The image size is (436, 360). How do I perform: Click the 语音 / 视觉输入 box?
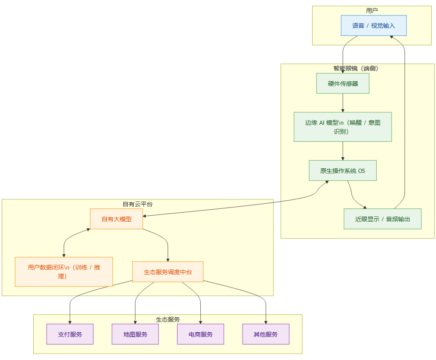click(x=374, y=26)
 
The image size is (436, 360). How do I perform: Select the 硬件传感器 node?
click(x=342, y=83)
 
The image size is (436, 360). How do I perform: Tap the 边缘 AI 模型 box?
click(x=342, y=127)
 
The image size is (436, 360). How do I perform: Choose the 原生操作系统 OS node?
click(x=342, y=170)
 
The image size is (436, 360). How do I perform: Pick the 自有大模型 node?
click(x=116, y=219)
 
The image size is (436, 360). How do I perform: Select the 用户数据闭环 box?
click(x=64, y=272)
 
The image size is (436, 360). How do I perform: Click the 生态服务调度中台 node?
click(x=167, y=272)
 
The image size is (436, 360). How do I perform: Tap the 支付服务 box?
click(x=70, y=334)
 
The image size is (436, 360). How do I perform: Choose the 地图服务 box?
click(x=135, y=334)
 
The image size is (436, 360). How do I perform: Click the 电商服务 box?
click(x=200, y=334)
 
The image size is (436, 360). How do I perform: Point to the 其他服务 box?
click(x=266, y=334)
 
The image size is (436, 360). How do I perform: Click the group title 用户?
click(x=372, y=10)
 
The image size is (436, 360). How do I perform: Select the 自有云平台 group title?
click(x=137, y=204)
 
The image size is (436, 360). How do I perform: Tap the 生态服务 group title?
click(x=167, y=319)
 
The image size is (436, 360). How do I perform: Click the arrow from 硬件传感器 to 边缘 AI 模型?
click(x=342, y=102)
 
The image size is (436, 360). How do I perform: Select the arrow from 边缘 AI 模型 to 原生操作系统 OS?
click(x=342, y=151)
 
